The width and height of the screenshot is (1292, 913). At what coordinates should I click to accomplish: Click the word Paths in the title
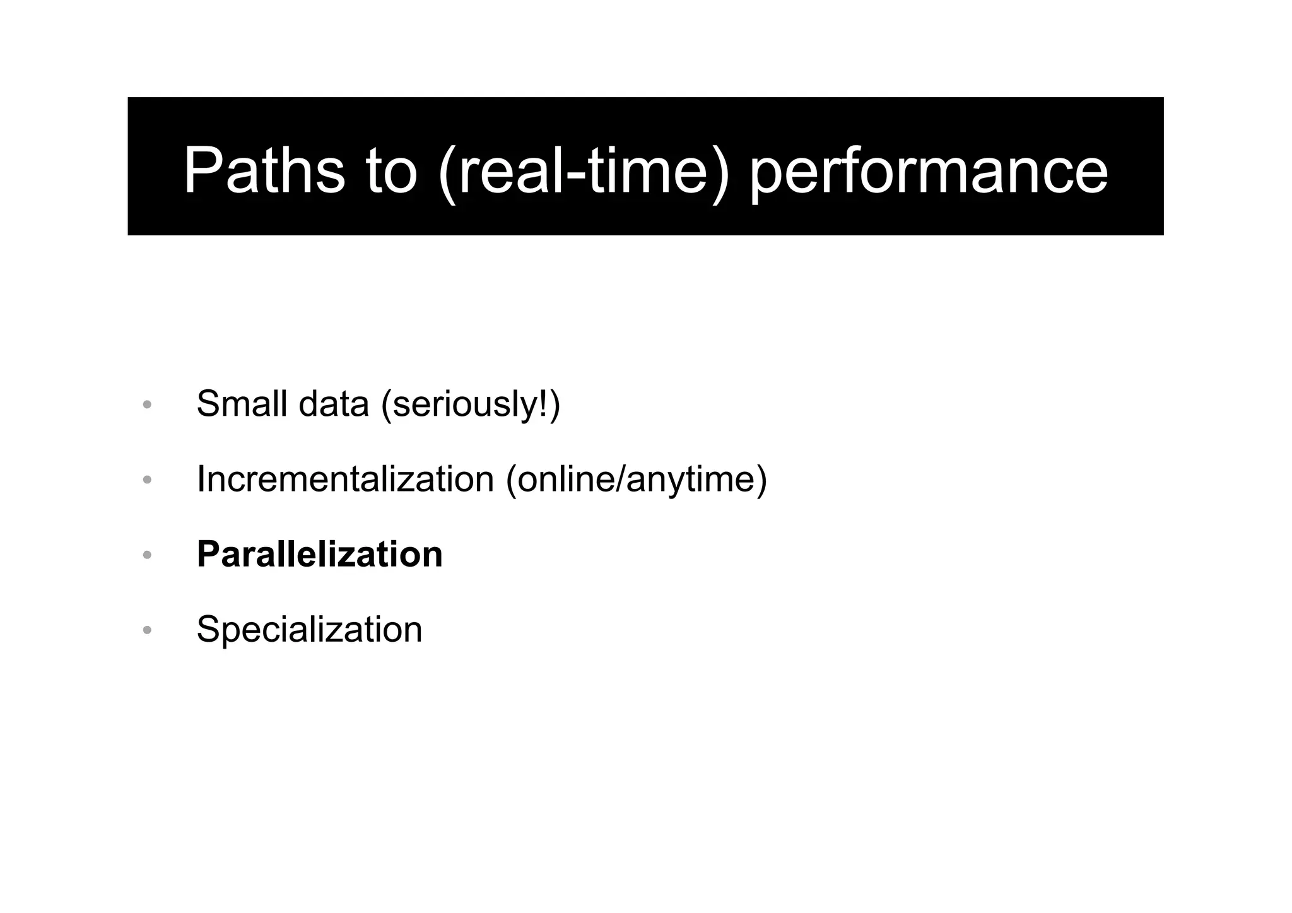(x=264, y=170)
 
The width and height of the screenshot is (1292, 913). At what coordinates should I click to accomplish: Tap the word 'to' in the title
(x=391, y=170)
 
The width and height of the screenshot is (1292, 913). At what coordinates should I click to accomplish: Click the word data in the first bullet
(x=333, y=404)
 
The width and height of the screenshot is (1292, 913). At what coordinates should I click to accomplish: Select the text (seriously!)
(x=471, y=405)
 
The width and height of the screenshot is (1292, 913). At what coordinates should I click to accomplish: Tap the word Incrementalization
(x=345, y=479)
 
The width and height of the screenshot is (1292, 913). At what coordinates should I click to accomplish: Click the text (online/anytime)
(x=637, y=480)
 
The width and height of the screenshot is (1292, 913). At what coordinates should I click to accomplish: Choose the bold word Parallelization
(x=319, y=555)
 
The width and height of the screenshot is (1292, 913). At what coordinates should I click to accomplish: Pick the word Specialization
(x=309, y=630)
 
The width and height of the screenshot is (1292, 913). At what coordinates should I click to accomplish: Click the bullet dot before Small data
(x=147, y=405)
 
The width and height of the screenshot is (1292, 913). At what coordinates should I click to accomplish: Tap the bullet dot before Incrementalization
(x=147, y=480)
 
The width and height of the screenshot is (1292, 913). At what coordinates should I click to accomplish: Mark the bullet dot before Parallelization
(x=147, y=555)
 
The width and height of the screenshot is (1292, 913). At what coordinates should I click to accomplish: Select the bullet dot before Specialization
(x=147, y=630)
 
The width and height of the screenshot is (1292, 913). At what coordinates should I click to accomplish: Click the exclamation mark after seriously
(x=544, y=404)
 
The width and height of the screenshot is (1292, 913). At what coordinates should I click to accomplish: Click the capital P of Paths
(x=201, y=170)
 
